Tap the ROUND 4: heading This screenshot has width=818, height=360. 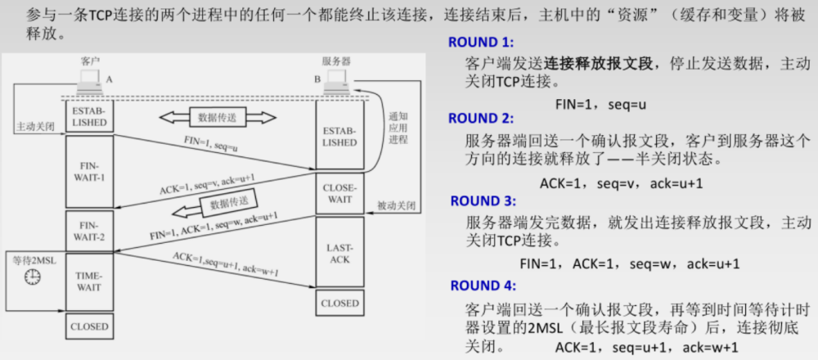[x=483, y=286]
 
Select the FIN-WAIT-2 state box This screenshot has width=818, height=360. [x=90, y=231]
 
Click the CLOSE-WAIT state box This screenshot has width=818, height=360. [x=339, y=192]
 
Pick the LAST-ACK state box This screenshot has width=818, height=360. [x=339, y=253]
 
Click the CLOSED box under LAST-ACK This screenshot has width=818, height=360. [x=339, y=303]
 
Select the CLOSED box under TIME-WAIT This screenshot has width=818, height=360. [x=90, y=327]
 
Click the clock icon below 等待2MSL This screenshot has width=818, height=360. [x=33, y=277]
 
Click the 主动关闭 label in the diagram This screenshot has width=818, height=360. [x=34, y=128]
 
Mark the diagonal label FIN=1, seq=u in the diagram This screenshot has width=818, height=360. [x=210, y=145]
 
